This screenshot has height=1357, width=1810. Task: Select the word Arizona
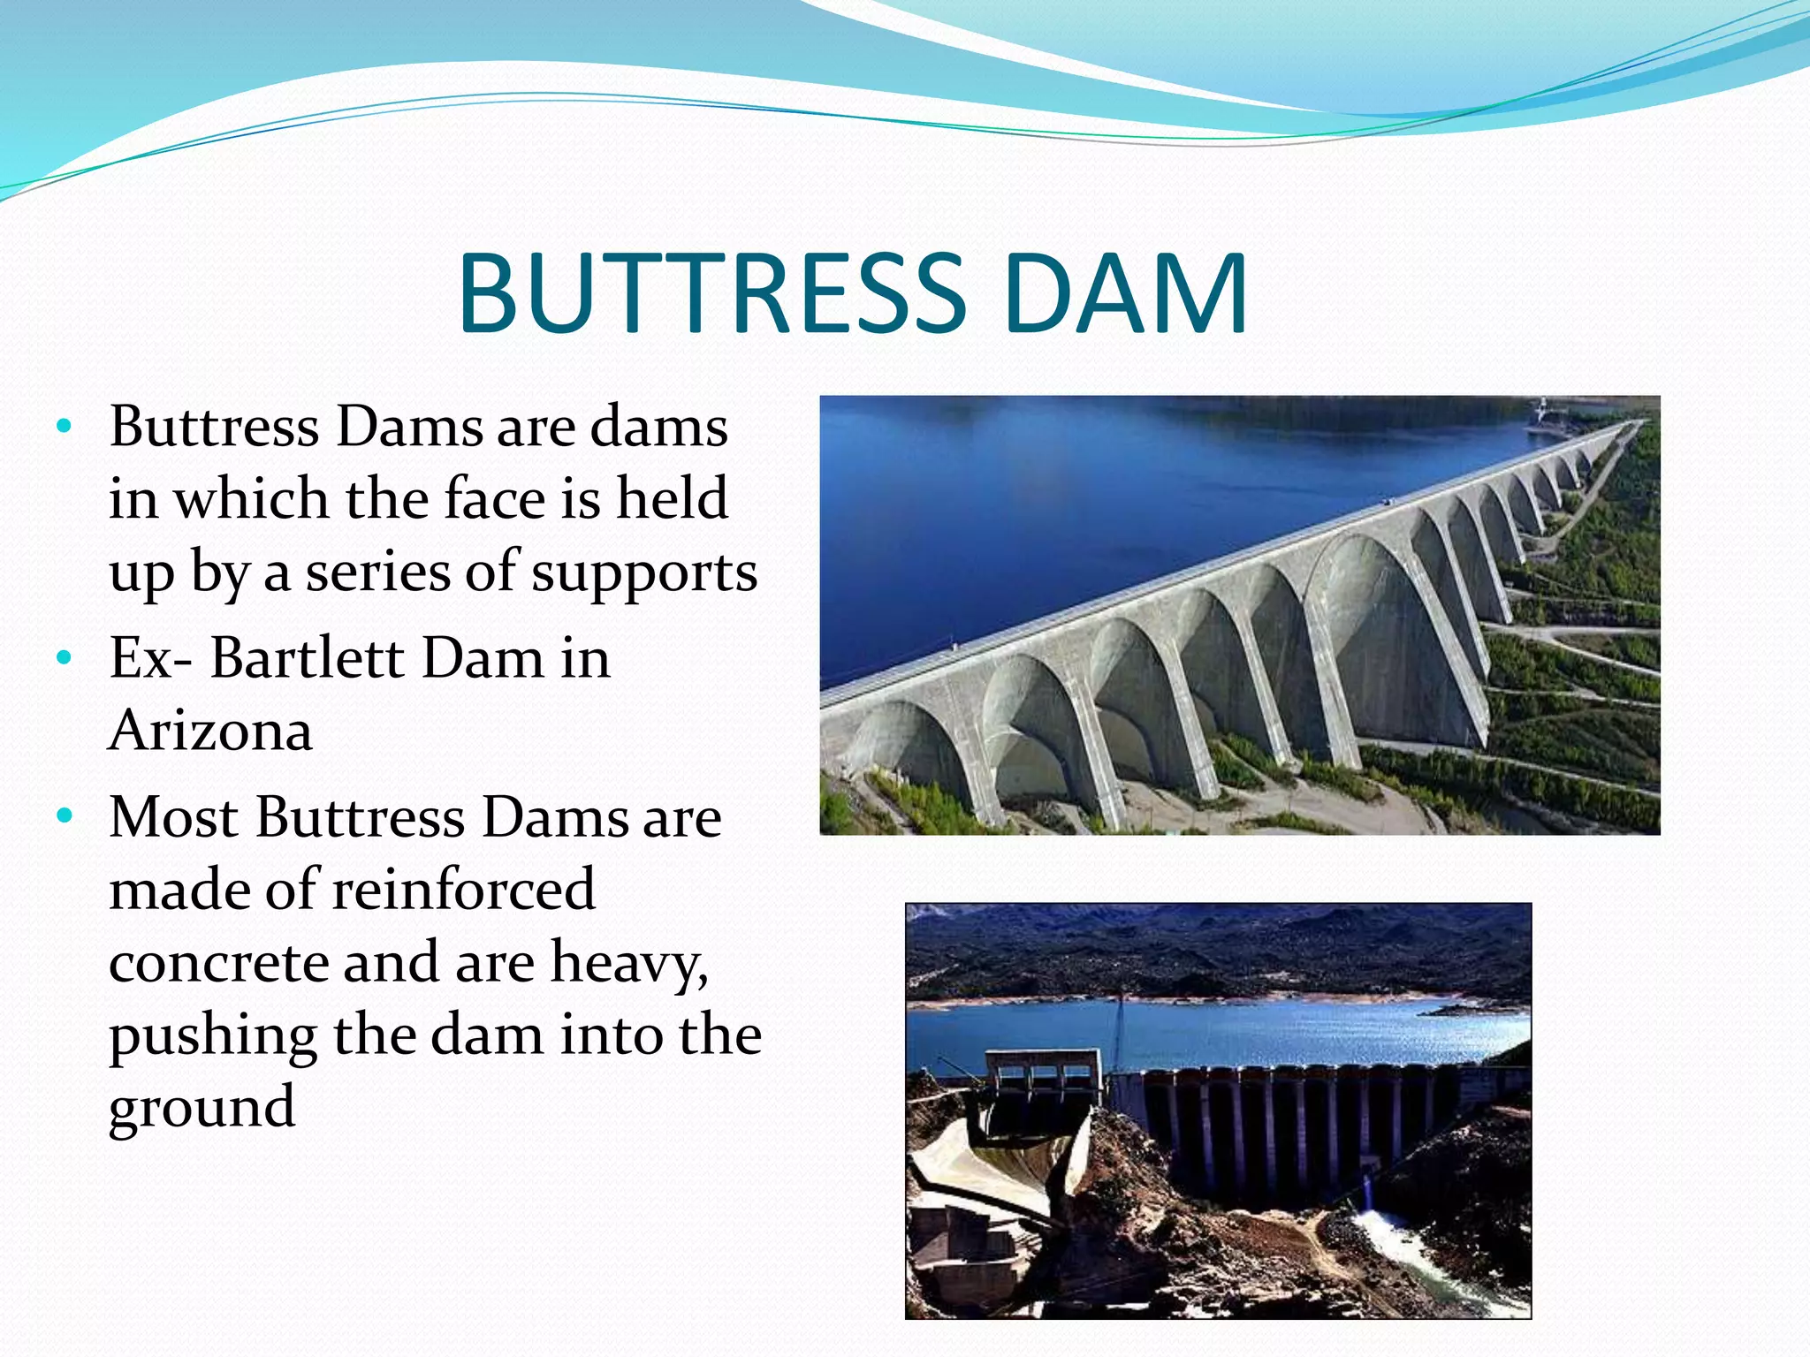click(210, 731)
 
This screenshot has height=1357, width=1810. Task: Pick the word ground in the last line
click(202, 1108)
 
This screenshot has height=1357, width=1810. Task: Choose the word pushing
click(212, 1035)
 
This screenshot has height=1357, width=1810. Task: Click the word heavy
click(628, 962)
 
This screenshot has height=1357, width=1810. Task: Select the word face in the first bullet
click(496, 498)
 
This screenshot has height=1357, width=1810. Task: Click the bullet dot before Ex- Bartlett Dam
click(63, 658)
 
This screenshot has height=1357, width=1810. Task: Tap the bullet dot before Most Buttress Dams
click(63, 816)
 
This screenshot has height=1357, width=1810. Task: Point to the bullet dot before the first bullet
click(63, 427)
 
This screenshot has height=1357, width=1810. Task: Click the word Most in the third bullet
click(173, 816)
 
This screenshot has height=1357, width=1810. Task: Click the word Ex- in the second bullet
click(150, 658)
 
